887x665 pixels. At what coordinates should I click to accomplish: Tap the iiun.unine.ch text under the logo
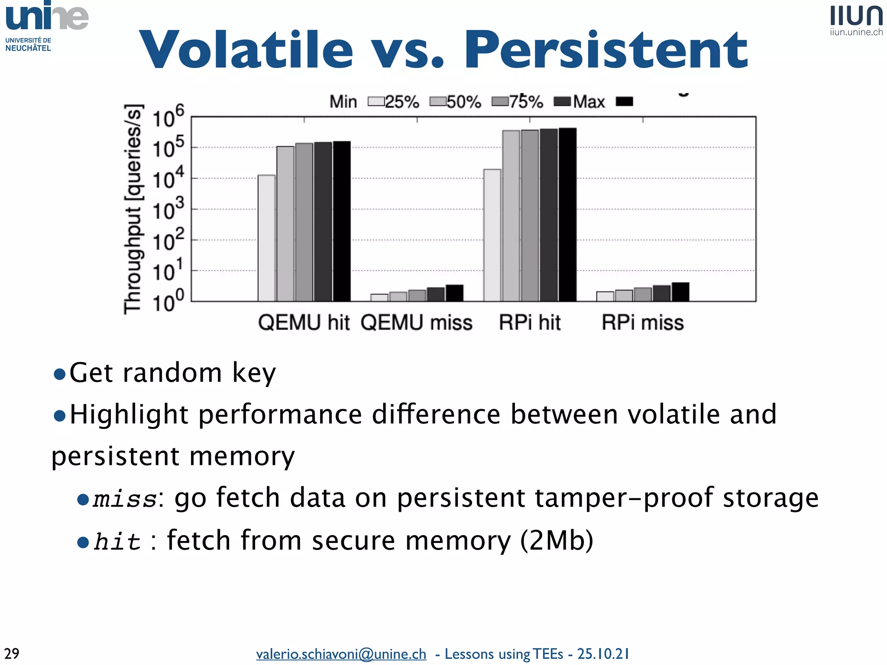coord(856,32)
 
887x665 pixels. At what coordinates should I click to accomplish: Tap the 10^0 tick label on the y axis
coord(168,302)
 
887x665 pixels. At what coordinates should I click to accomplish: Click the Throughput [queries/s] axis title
coord(133,209)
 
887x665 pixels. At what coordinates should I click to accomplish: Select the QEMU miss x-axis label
coord(416,323)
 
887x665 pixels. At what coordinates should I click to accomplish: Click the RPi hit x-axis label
coord(529,323)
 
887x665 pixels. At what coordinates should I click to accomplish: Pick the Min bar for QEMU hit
coord(266,238)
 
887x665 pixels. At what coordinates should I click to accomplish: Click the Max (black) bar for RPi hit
coord(567,214)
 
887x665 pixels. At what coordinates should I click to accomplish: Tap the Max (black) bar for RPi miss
coord(680,292)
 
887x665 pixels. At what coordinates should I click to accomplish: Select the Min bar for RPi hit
coord(492,235)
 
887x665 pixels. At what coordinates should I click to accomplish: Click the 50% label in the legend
coord(463,102)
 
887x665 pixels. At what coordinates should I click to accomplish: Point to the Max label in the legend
coord(589,102)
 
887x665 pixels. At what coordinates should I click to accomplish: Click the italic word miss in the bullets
coord(125,499)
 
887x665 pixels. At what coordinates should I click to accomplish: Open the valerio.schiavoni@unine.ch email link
coord(341,654)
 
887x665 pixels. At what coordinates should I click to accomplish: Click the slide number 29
coord(12,653)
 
